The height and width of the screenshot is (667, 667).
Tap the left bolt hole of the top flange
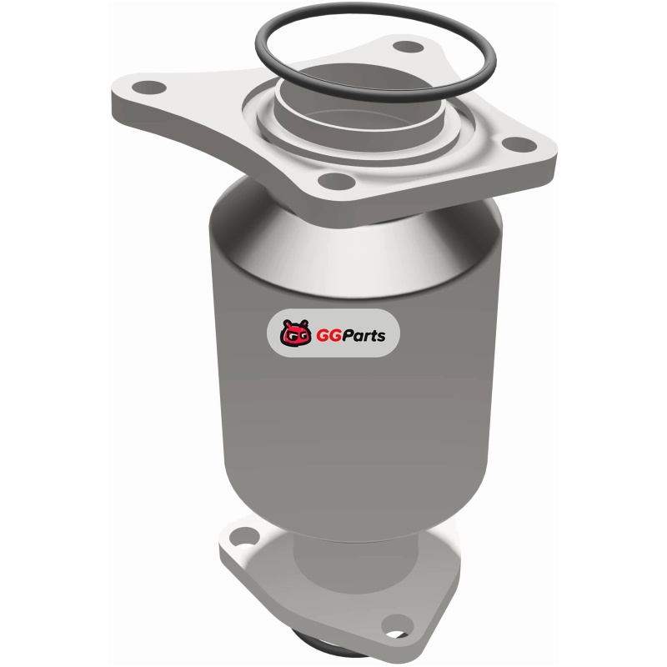pos(149,88)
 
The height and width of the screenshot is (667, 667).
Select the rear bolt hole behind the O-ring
pos(408,47)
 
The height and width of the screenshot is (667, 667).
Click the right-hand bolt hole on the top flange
pos(519,144)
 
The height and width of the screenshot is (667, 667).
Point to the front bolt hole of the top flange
pos(337,181)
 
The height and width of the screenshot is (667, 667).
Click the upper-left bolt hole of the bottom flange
pos(244,536)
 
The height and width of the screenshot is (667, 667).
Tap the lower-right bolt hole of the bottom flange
pos(398,628)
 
